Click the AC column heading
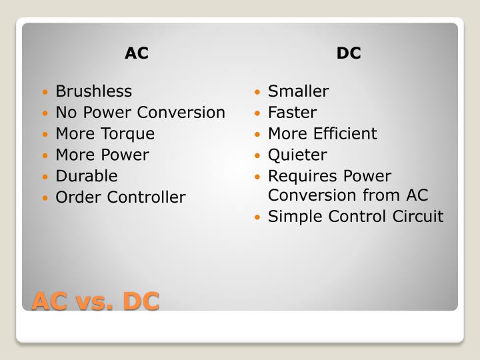click(x=136, y=54)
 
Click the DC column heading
click(x=349, y=54)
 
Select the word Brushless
click(x=93, y=91)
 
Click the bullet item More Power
click(x=102, y=155)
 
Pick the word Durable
click(x=86, y=177)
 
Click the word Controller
click(x=146, y=198)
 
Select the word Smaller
click(x=298, y=91)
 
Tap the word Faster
click(x=292, y=113)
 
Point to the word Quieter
click(x=297, y=155)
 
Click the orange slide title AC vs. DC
click(x=96, y=301)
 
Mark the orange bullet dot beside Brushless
click(x=45, y=92)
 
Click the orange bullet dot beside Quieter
click(x=257, y=156)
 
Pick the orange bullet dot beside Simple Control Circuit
click(x=257, y=218)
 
